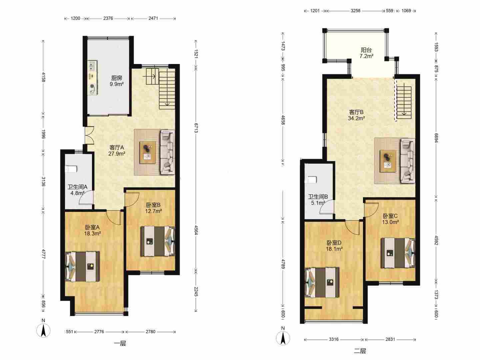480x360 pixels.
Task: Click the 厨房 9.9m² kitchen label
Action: coord(117,81)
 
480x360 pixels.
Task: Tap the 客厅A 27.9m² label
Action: coord(117,151)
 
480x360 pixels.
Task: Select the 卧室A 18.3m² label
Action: coord(92,230)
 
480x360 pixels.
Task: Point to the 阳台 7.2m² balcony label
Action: coord(366,53)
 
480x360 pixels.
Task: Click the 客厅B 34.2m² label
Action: coord(356,115)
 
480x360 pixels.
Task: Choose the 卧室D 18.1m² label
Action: coord(334,246)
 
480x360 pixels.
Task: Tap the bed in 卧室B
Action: coord(158,241)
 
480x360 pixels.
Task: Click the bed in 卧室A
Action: coord(82,266)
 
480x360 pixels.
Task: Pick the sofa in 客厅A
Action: coord(168,152)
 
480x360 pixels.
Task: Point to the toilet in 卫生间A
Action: coord(71,169)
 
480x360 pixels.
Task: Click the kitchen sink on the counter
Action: coord(93,66)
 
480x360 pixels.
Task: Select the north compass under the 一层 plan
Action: coord(43,330)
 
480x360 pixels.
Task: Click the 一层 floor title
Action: coord(120,343)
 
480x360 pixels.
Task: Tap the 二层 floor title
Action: coord(360,351)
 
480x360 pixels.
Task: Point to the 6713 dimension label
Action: coord(196,128)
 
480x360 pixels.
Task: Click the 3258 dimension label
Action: coord(355,11)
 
